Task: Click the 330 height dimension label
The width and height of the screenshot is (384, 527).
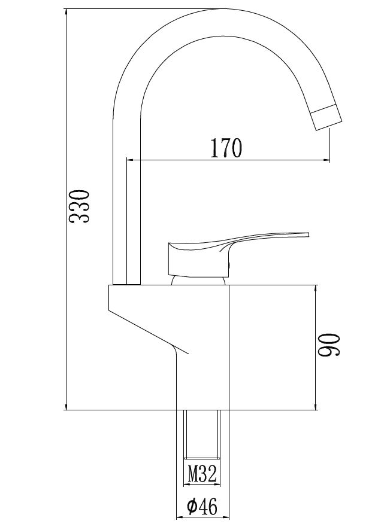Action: point(80,206)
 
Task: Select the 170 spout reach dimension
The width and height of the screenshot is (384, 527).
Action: point(226,148)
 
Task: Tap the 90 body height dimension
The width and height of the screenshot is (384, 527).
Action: point(329,345)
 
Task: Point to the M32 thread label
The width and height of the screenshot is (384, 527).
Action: point(202,473)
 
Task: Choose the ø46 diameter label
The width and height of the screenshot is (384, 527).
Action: point(202,507)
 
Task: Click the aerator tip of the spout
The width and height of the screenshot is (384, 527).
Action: point(326,117)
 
